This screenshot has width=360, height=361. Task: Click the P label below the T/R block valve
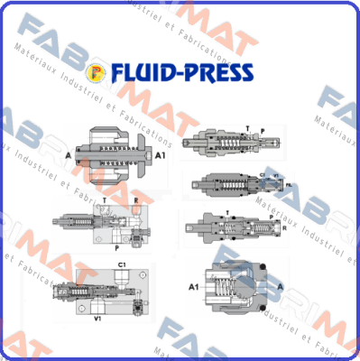point(115,246)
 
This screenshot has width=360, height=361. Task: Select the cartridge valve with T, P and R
point(230,226)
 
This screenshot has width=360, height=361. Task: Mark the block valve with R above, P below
point(114,221)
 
